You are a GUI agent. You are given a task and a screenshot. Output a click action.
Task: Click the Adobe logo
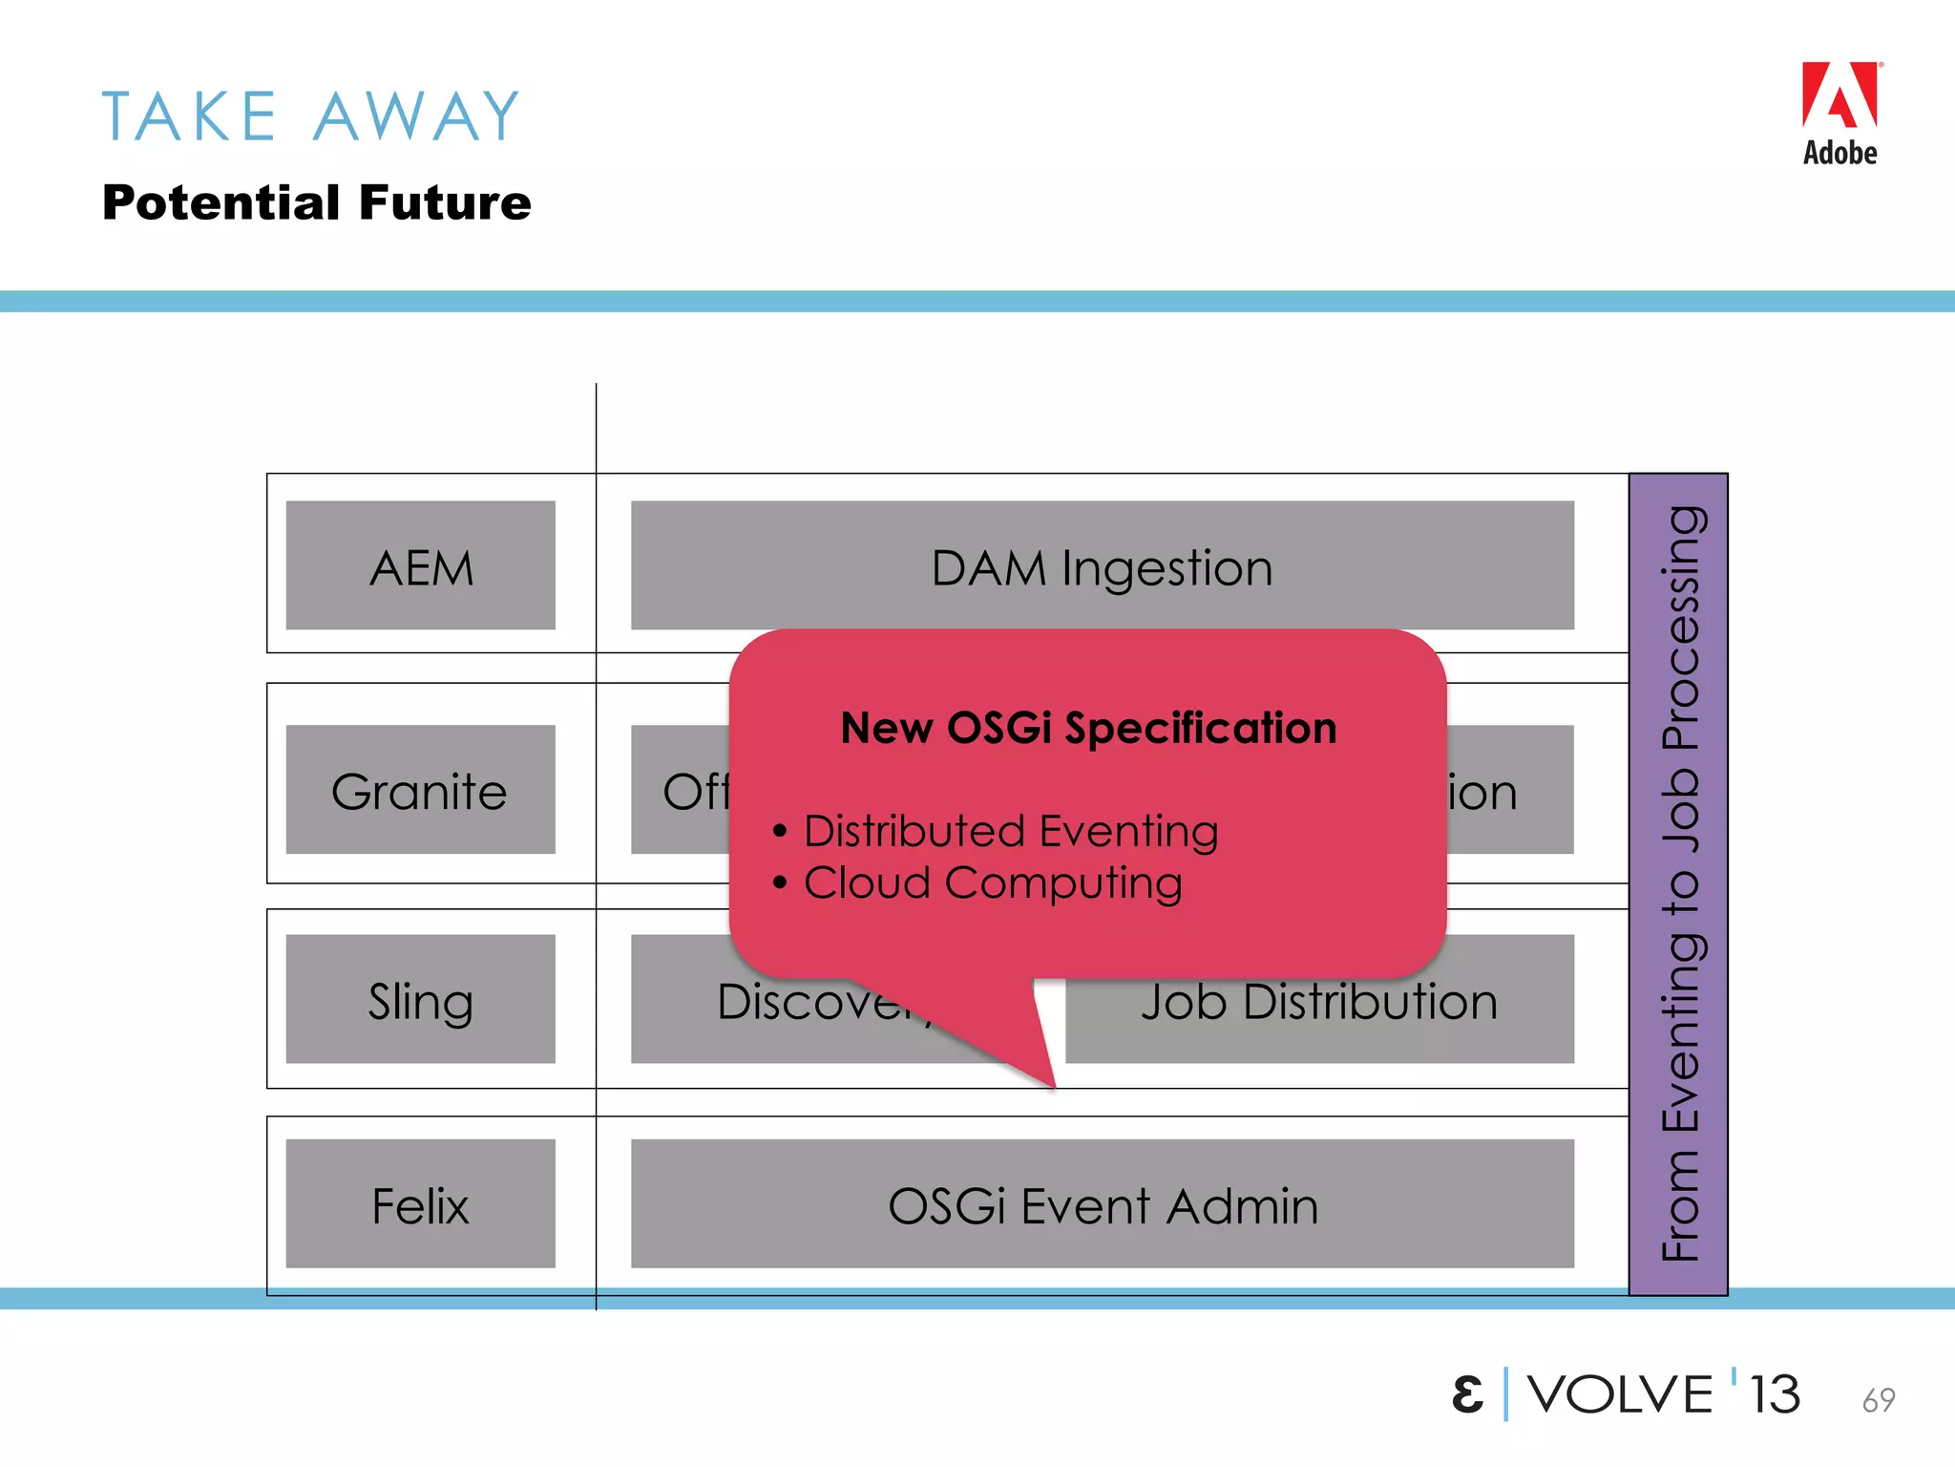(1839, 113)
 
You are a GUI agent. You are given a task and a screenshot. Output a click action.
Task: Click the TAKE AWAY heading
(311, 117)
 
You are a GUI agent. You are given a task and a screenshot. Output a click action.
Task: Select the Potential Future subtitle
(316, 202)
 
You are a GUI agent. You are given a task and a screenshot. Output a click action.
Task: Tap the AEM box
(420, 566)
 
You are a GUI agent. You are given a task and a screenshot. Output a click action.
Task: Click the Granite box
(420, 790)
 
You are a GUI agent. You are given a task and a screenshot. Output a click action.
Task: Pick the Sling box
(420, 999)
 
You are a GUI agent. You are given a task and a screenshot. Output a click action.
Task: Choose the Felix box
(420, 1204)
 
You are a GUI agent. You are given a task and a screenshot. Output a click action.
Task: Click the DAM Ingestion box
(1102, 566)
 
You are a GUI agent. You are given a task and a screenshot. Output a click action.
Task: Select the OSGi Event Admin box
(1102, 1204)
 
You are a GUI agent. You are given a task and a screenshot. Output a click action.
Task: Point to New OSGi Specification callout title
(1088, 728)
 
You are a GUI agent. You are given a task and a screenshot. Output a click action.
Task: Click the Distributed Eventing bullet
(1010, 830)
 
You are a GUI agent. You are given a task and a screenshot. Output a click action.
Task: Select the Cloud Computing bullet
(993, 882)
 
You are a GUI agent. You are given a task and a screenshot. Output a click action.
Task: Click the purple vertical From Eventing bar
(1678, 883)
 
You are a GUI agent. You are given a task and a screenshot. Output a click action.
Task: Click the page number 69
(1878, 1400)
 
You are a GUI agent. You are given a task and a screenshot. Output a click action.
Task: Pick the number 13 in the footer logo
(1774, 1394)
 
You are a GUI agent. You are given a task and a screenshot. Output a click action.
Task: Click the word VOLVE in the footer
(1620, 1394)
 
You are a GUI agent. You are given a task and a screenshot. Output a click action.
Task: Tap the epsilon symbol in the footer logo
(1467, 1394)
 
